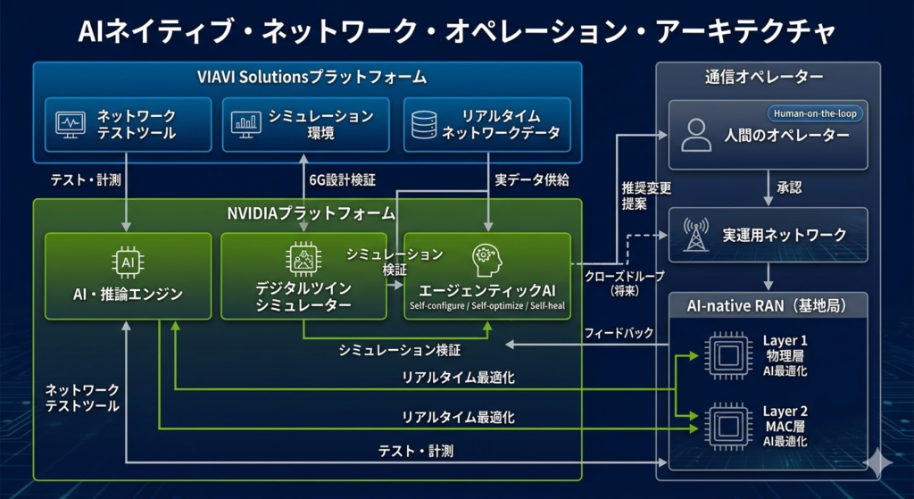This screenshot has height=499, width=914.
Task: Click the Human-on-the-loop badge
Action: click(814, 114)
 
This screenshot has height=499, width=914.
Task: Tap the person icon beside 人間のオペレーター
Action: click(696, 134)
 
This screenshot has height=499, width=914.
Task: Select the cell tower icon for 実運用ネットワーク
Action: click(696, 235)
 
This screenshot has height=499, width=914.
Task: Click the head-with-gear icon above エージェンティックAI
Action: click(486, 260)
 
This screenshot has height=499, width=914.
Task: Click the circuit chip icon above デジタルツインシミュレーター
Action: click(303, 258)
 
